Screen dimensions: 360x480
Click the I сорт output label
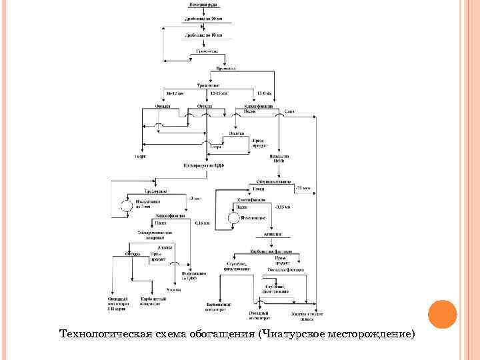coord(141,157)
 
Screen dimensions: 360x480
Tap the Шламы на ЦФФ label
coord(279,158)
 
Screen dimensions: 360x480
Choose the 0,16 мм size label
coord(202,223)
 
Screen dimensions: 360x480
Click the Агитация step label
coord(273,235)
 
